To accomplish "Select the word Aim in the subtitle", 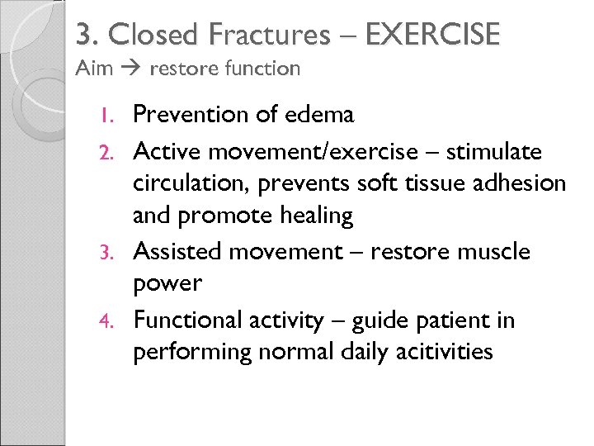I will [94, 69].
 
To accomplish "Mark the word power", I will [167, 284].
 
